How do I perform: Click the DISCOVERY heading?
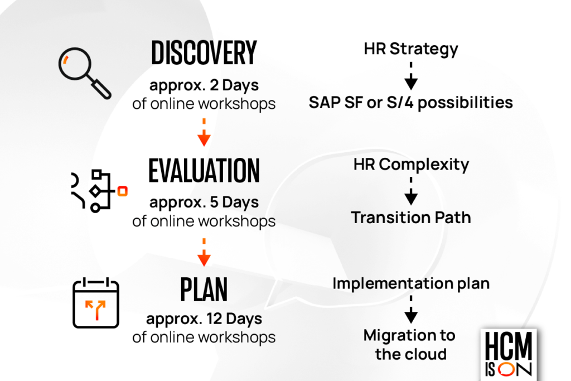pyautogui.click(x=204, y=53)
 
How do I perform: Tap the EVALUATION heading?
pyautogui.click(x=204, y=171)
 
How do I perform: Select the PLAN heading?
pyautogui.click(x=204, y=289)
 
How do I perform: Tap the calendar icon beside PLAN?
pyautogui.click(x=96, y=304)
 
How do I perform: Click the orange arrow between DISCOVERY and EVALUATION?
pyautogui.click(x=204, y=132)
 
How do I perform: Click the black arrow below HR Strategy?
pyautogui.click(x=411, y=76)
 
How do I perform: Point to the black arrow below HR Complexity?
pyautogui.click(x=411, y=191)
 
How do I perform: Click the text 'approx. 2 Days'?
pyautogui.click(x=204, y=86)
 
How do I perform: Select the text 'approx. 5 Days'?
pyautogui.click(x=204, y=203)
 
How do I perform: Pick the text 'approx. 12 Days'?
pyautogui.click(x=204, y=320)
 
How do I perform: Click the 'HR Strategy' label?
pyautogui.click(x=411, y=49)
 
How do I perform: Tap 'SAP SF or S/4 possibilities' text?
pyautogui.click(x=411, y=103)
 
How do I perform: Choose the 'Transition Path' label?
pyautogui.click(x=411, y=218)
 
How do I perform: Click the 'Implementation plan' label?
pyautogui.click(x=411, y=283)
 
